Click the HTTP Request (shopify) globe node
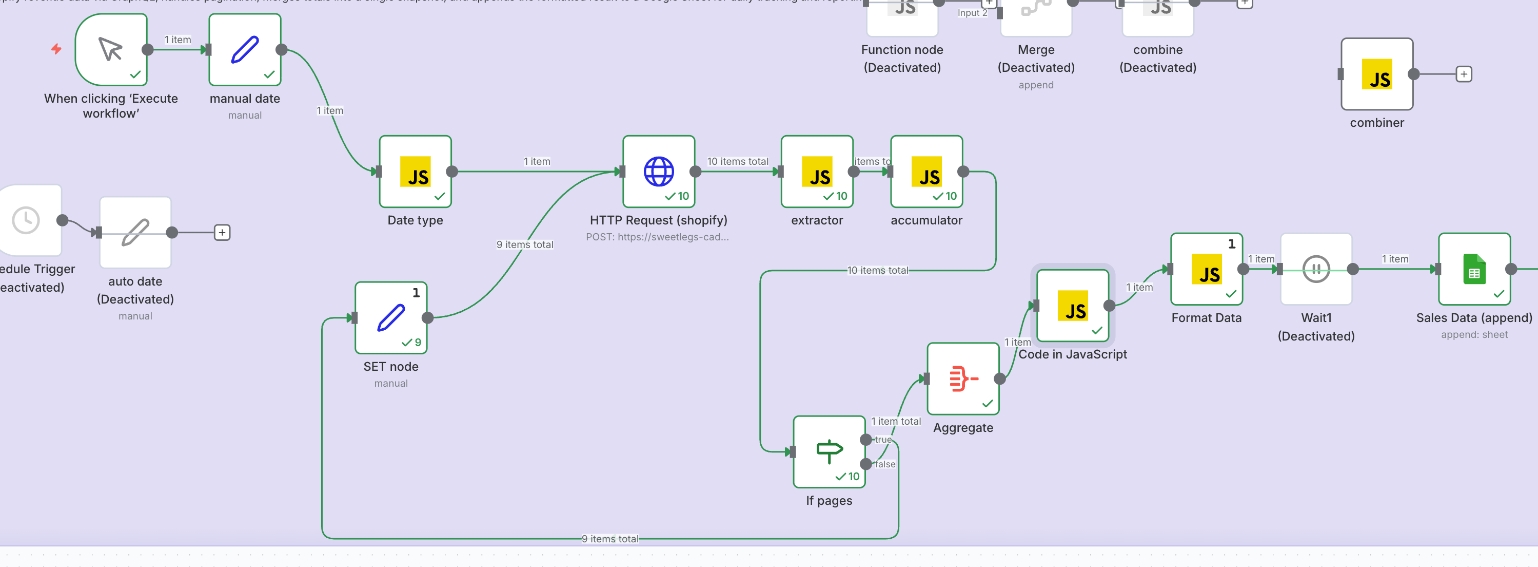point(659,172)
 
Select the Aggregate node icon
point(963,378)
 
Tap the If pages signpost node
point(829,451)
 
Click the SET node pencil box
point(391,317)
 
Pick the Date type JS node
point(415,172)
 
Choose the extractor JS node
point(817,172)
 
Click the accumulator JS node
point(926,172)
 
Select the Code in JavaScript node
point(1072,305)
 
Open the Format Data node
point(1206,269)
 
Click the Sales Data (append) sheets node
point(1473,269)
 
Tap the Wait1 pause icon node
point(1316,269)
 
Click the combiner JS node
point(1377,74)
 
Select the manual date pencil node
point(245,50)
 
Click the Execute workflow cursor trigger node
point(111,50)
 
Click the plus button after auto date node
point(222,233)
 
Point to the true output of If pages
point(866,440)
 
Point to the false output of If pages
point(866,464)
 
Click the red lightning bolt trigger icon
point(56,49)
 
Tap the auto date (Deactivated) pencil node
point(135,233)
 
